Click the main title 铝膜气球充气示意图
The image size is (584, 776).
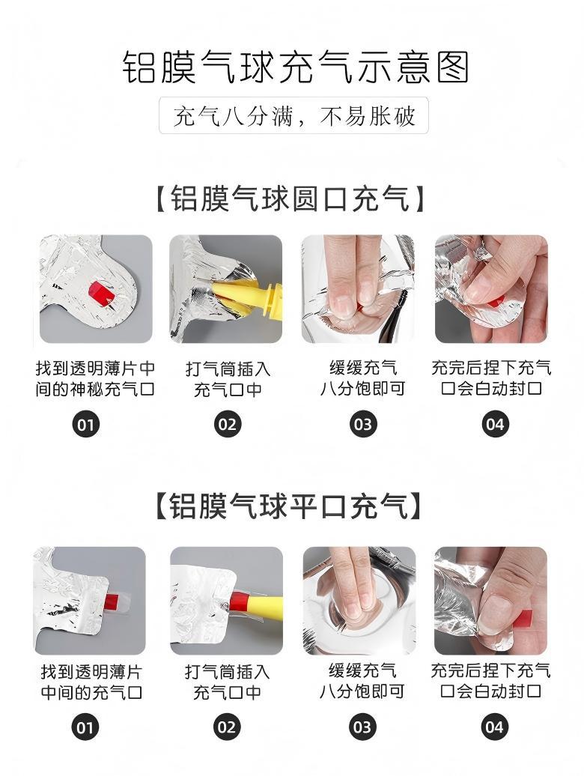295,67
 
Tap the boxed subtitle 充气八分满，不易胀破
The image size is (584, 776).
293,116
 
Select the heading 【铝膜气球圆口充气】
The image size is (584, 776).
291,199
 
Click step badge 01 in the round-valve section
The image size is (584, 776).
85,424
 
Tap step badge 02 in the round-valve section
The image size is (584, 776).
228,424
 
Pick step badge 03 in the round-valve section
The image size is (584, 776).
363,424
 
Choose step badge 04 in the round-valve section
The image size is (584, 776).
495,424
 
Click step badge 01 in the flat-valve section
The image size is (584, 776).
85,727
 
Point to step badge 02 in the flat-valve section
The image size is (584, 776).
227,727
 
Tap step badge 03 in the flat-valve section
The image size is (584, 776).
362,727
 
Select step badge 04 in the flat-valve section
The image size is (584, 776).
494,727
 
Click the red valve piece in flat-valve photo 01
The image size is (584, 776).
111,601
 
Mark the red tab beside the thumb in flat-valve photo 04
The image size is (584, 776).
523,619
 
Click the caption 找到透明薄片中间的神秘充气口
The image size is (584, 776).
95,378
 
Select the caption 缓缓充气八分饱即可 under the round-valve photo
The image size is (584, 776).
363,378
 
